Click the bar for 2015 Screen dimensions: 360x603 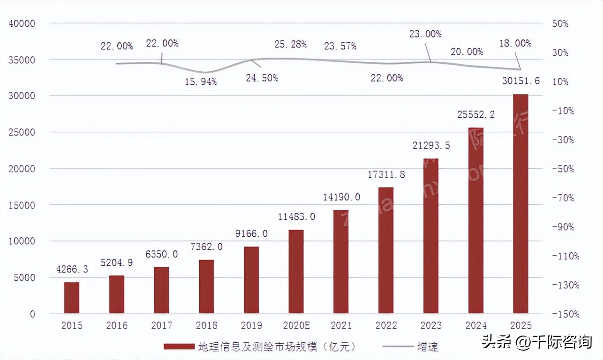[72, 298]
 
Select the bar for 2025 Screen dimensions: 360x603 [520, 204]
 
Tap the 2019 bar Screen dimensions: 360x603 [251, 280]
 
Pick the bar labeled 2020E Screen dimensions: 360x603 [296, 271]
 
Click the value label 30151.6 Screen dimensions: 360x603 [520, 81]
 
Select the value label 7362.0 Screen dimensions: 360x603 [206, 247]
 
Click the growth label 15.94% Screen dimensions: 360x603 [201, 82]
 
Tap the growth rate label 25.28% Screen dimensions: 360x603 [291, 44]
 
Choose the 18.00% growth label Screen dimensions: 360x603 [515, 43]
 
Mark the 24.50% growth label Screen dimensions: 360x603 [262, 78]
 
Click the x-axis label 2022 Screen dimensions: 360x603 [386, 325]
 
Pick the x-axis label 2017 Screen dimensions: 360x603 [161, 325]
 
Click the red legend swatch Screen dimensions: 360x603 [179, 347]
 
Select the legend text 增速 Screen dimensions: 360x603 [428, 347]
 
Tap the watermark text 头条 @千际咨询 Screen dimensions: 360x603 [536, 342]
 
